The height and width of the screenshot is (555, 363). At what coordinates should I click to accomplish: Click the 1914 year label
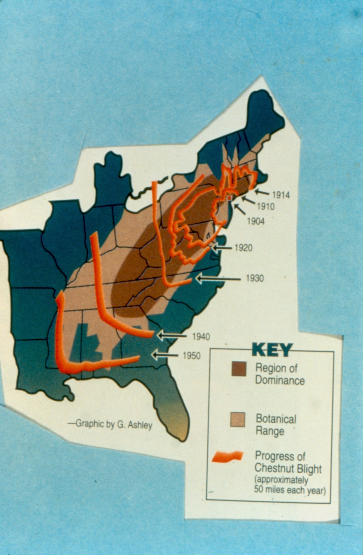(281, 195)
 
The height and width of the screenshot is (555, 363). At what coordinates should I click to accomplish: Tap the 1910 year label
(266, 206)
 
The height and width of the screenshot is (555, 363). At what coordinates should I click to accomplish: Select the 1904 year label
(256, 221)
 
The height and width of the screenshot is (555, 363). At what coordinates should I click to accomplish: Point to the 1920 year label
(244, 248)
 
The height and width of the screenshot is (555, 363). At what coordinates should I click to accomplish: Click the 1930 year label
(255, 278)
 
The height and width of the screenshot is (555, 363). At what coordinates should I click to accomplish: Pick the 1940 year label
(201, 337)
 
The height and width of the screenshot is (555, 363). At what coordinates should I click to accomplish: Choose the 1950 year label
(191, 355)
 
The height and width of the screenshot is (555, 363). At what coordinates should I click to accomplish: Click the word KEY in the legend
(272, 350)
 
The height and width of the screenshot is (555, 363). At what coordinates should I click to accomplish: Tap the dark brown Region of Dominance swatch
(239, 369)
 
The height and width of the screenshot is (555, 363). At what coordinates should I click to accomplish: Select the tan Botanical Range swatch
(238, 419)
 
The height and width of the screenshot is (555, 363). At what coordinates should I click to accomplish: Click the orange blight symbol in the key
(228, 457)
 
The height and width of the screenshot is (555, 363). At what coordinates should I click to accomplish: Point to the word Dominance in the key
(280, 381)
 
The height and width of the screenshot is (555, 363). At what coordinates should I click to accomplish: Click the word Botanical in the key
(276, 419)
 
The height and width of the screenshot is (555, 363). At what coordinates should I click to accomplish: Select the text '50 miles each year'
(290, 490)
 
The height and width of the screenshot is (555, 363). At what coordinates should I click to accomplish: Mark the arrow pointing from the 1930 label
(218, 279)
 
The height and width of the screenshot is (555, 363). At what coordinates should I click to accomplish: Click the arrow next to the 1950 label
(165, 355)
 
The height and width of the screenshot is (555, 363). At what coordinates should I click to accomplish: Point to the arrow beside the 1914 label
(262, 193)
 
